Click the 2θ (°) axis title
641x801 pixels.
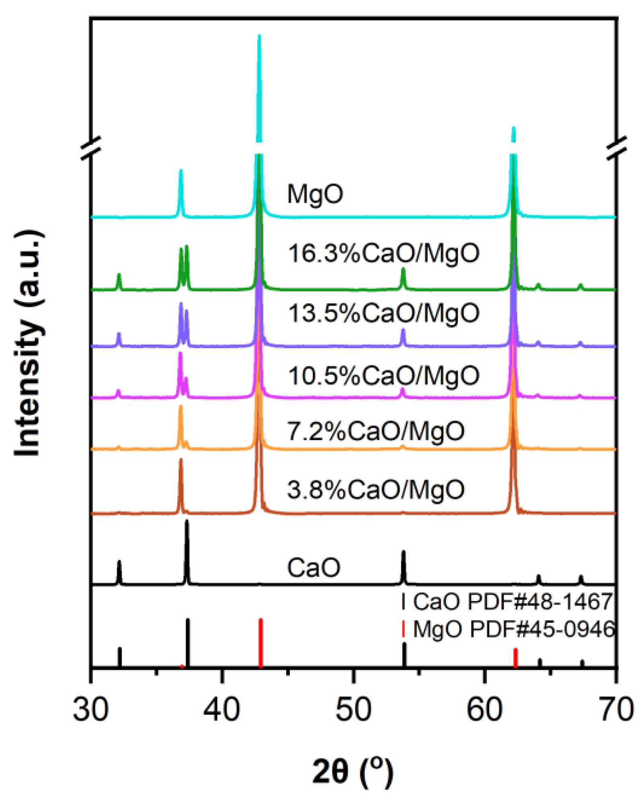coord(352,772)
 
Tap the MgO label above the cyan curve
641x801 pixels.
coord(315,194)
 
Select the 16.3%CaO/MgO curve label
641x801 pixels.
coord(383,254)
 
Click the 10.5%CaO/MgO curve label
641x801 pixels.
coord(383,376)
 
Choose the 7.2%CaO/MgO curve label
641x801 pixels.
coord(376,431)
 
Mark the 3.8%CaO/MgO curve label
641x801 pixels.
coord(376,490)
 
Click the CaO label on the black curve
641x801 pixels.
coord(314,568)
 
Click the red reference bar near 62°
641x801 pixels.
coord(515,658)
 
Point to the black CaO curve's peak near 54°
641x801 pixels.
coord(404,553)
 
